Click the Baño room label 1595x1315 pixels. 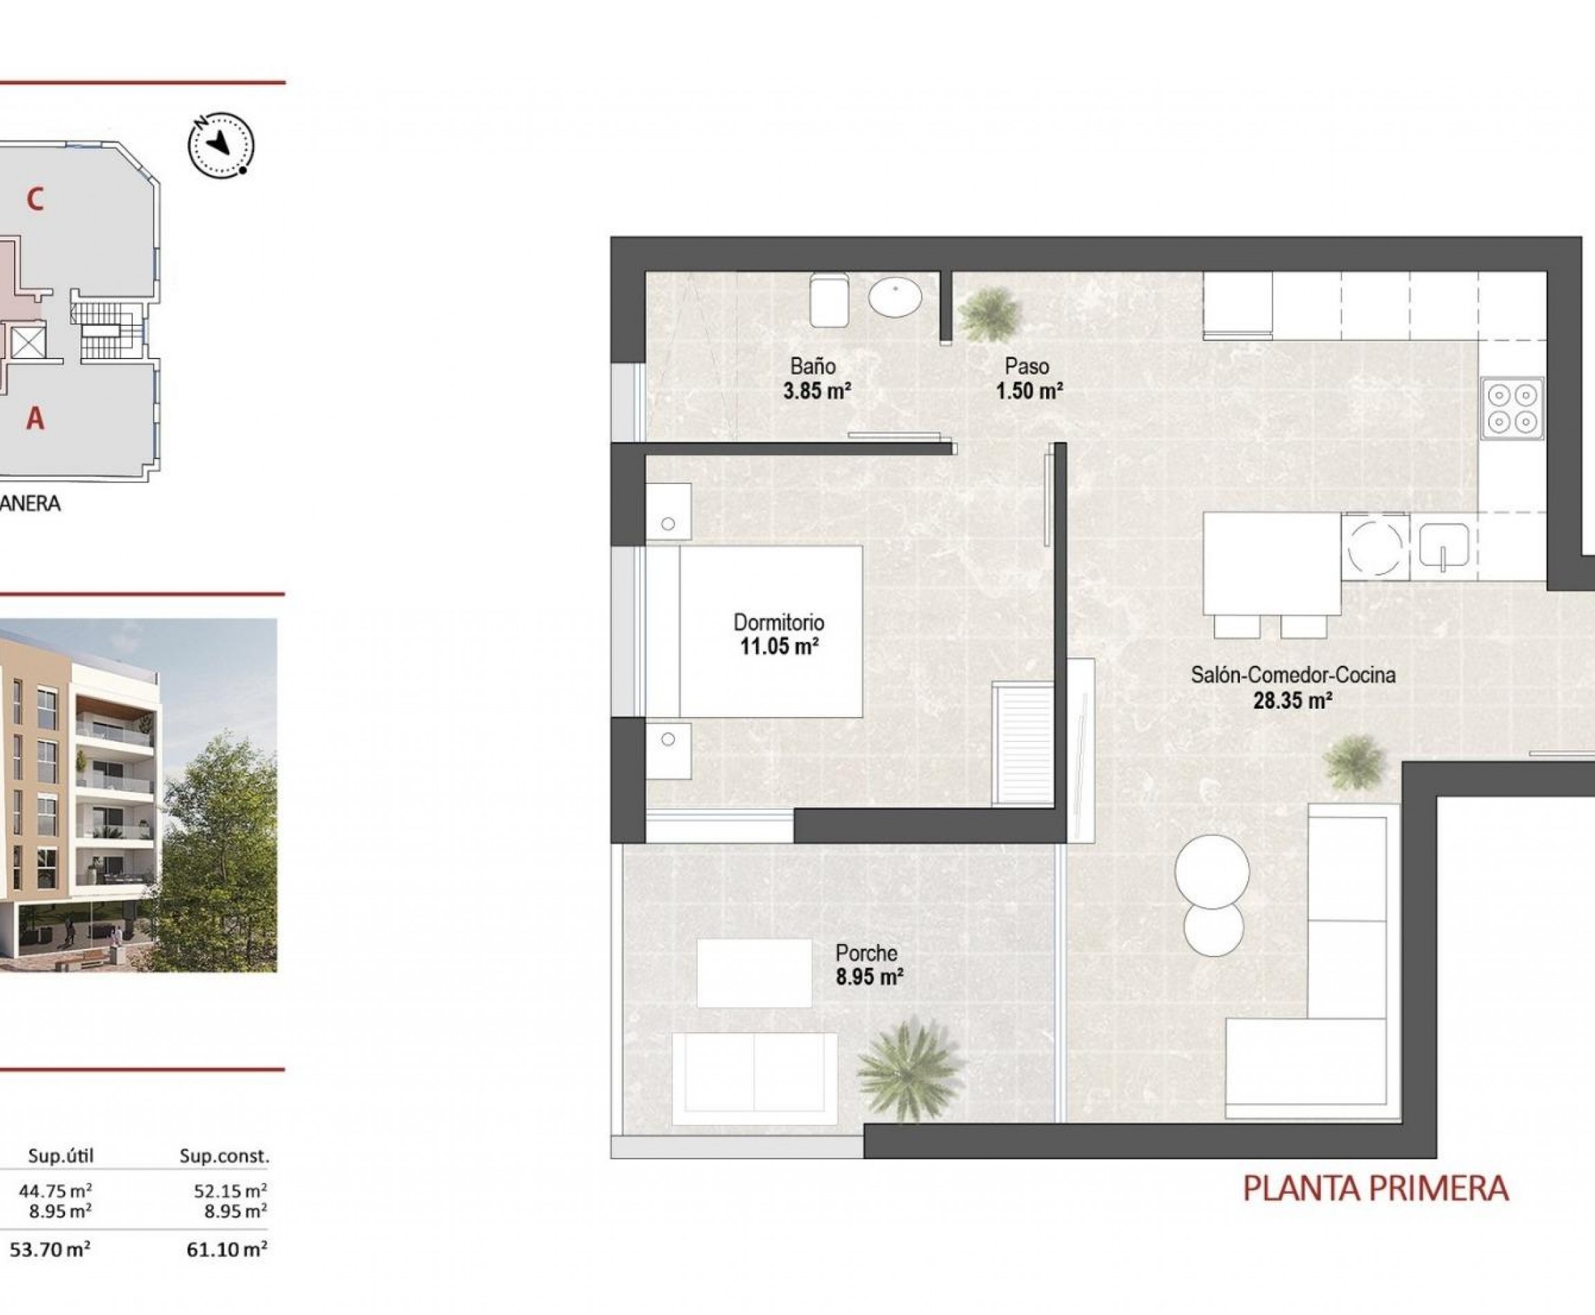(812, 367)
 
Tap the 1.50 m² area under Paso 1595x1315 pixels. (1029, 392)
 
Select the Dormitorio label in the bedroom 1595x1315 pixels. (778, 623)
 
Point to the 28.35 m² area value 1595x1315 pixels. (1292, 700)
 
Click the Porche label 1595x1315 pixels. (866, 953)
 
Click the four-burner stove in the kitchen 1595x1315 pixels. (1513, 408)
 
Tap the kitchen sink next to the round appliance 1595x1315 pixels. (1443, 546)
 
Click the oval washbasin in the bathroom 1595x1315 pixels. (895, 296)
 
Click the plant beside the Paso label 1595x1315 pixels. (988, 314)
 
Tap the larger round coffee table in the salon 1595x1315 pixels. (1211, 872)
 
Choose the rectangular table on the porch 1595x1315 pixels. (753, 973)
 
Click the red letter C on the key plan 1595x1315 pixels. (35, 199)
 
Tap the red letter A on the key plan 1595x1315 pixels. (35, 418)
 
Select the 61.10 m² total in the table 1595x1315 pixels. (226, 1249)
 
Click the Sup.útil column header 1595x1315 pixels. (61, 1156)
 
